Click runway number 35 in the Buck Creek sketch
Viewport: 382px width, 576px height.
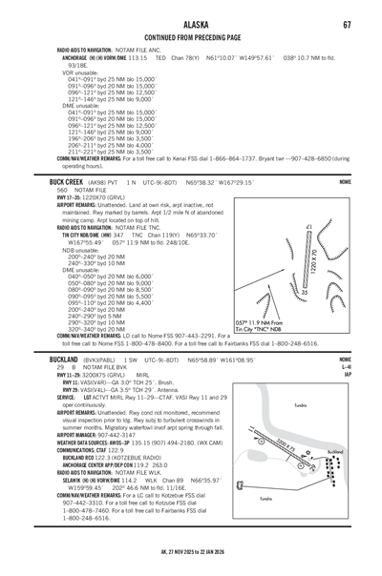[305, 292]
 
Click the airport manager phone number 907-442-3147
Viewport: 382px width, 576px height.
[113, 432]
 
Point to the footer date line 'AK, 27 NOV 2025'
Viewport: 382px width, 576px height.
[191, 550]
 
